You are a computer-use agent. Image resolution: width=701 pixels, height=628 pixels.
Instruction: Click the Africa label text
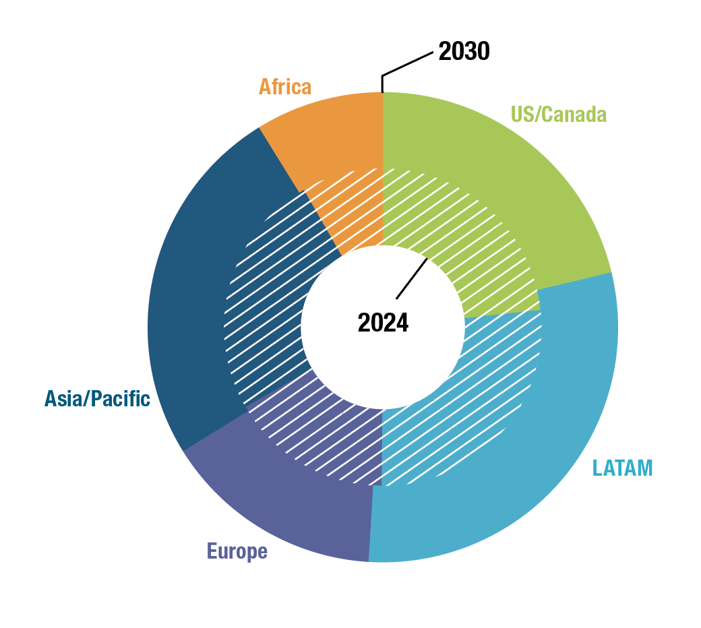285,87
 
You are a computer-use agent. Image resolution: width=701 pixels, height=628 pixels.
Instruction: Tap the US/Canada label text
558,114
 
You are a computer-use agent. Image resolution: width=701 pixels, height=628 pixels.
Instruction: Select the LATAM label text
622,467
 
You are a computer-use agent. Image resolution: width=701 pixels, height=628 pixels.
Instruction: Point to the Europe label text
237,551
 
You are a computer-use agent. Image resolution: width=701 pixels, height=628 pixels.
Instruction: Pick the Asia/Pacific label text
97,399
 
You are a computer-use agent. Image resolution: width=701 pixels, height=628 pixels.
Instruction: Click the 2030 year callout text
464,51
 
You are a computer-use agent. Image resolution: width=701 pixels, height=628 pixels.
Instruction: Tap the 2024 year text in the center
383,323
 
